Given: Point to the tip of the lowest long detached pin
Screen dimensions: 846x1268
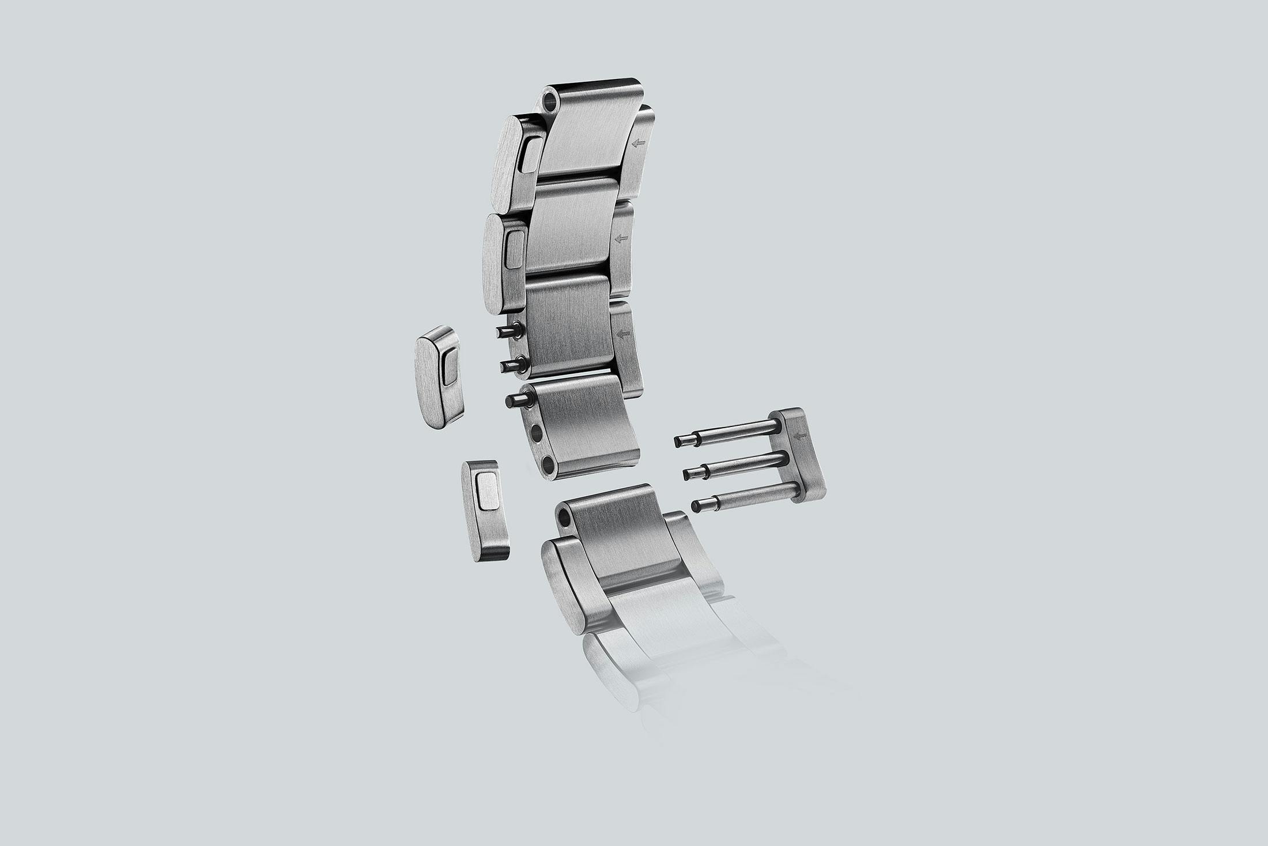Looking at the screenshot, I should pyautogui.click(x=696, y=505).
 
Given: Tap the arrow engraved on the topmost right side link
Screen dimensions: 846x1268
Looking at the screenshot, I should pyautogui.click(x=637, y=143).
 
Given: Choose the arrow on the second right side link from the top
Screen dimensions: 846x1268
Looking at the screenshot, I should pyautogui.click(x=621, y=239).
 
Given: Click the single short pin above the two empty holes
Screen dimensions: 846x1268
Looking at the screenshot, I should pyautogui.click(x=514, y=401).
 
